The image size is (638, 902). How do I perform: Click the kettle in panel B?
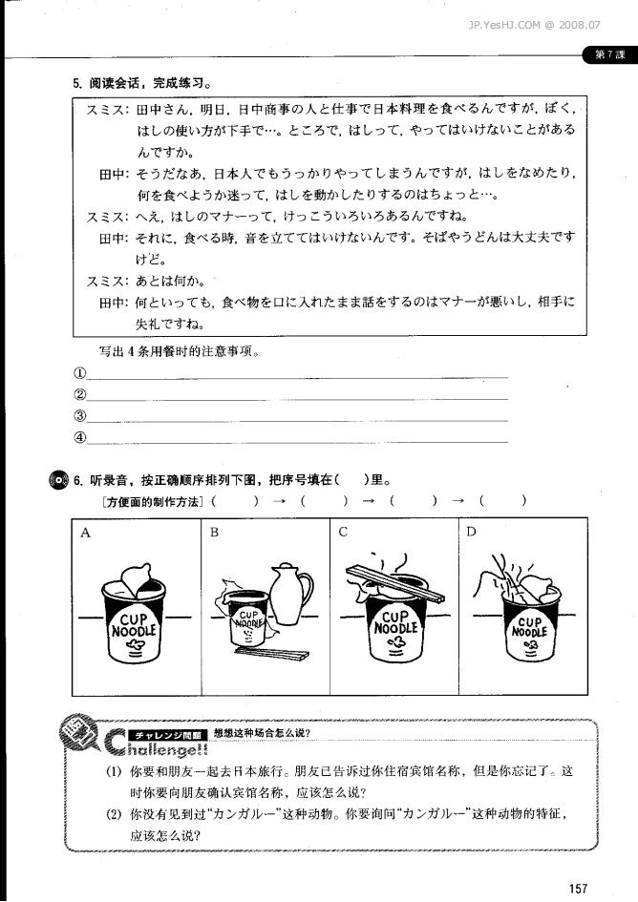tap(289, 594)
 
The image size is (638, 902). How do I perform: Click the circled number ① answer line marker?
tap(80, 372)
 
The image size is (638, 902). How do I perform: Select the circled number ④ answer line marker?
tap(80, 438)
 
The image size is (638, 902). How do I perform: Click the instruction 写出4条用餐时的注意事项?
tap(181, 350)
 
